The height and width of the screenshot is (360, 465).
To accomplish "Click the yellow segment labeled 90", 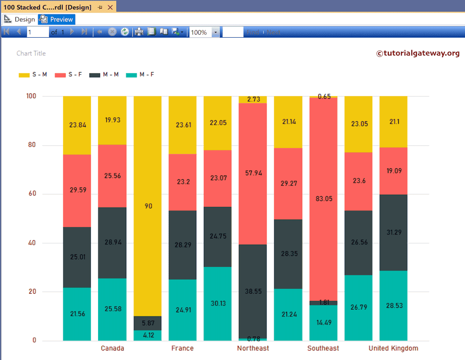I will point(148,206).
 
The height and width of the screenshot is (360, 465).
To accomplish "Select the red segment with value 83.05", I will point(323,198).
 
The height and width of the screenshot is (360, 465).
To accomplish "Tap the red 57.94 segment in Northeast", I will point(253,173).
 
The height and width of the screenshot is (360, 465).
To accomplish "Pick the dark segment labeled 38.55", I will point(253,291).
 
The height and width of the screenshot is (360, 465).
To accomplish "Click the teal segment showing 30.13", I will point(218,303).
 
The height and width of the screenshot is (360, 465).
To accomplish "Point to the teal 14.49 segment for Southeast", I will point(323,322).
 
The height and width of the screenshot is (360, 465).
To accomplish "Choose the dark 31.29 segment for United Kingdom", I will point(393,232).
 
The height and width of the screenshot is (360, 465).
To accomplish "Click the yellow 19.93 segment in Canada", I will point(112,120).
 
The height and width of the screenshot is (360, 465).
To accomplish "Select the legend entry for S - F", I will point(68,74).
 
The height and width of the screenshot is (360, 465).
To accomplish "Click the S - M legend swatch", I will point(24,75).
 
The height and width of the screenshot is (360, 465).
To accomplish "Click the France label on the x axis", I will point(183,348).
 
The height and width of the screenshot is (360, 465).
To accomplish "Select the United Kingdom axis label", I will point(393,348).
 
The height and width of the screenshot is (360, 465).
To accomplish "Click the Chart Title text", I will point(31,54).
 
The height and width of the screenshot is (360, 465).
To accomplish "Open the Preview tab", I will point(57,20).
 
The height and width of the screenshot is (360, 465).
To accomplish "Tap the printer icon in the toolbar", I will point(139,32).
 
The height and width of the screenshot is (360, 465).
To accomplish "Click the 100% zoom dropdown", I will point(204,32).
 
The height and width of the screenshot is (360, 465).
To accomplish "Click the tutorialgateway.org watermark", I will point(418,54).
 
